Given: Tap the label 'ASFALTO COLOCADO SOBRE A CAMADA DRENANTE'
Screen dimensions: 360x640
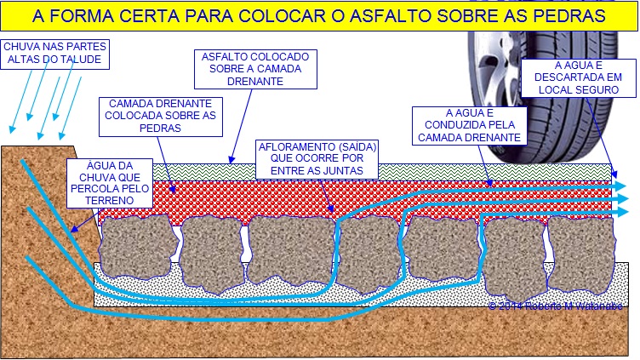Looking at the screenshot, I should (255, 69).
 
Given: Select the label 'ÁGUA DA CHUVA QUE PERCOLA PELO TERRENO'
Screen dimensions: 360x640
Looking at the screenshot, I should (111, 182).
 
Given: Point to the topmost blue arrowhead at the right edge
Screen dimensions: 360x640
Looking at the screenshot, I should (620, 186).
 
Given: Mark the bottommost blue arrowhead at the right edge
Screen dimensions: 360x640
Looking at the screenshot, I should (620, 211).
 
